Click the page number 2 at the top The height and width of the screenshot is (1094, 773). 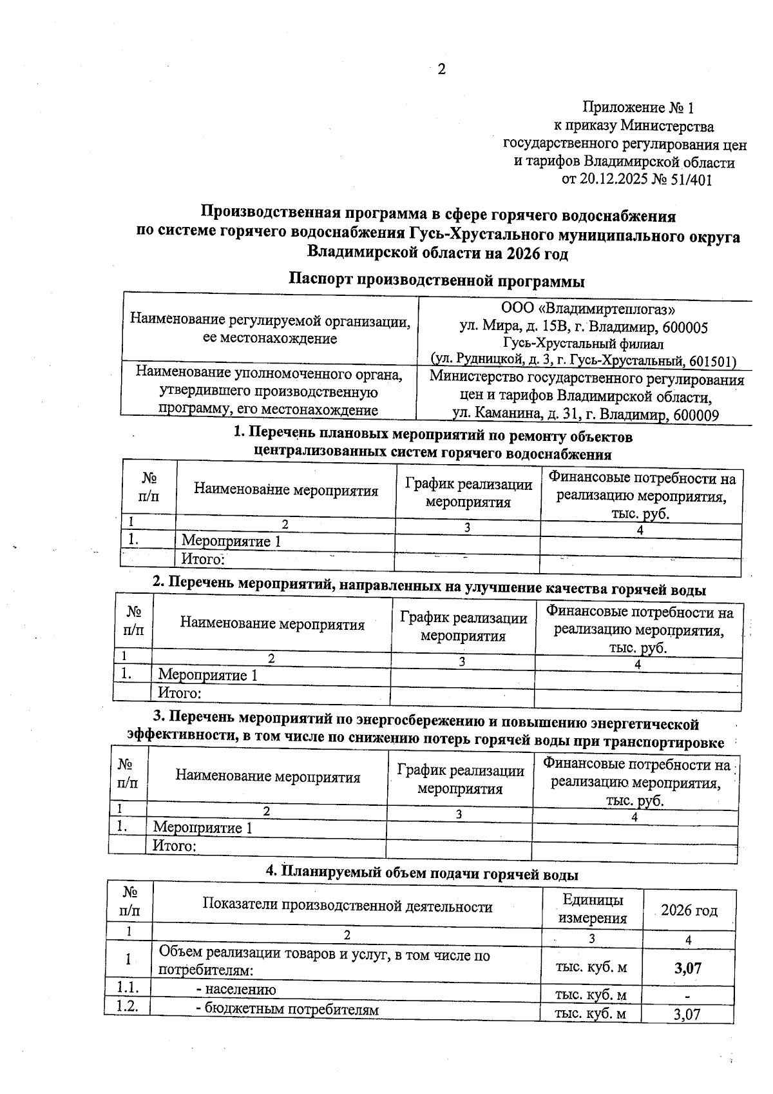[441, 70]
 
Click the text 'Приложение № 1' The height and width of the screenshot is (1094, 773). [638, 108]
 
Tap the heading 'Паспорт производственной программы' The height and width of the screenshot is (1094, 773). [437, 280]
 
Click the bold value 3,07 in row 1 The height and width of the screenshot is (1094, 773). [687, 968]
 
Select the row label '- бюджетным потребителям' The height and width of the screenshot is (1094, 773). [287, 1010]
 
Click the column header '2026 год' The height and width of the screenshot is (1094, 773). [689, 910]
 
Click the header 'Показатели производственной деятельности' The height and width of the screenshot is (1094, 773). [347, 906]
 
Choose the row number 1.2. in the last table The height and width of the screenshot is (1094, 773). [128, 1008]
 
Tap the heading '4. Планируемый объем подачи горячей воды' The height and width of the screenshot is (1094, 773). [422, 874]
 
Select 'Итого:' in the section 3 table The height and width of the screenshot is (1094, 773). [174, 845]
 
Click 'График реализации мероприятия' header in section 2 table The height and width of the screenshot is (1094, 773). [463, 627]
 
